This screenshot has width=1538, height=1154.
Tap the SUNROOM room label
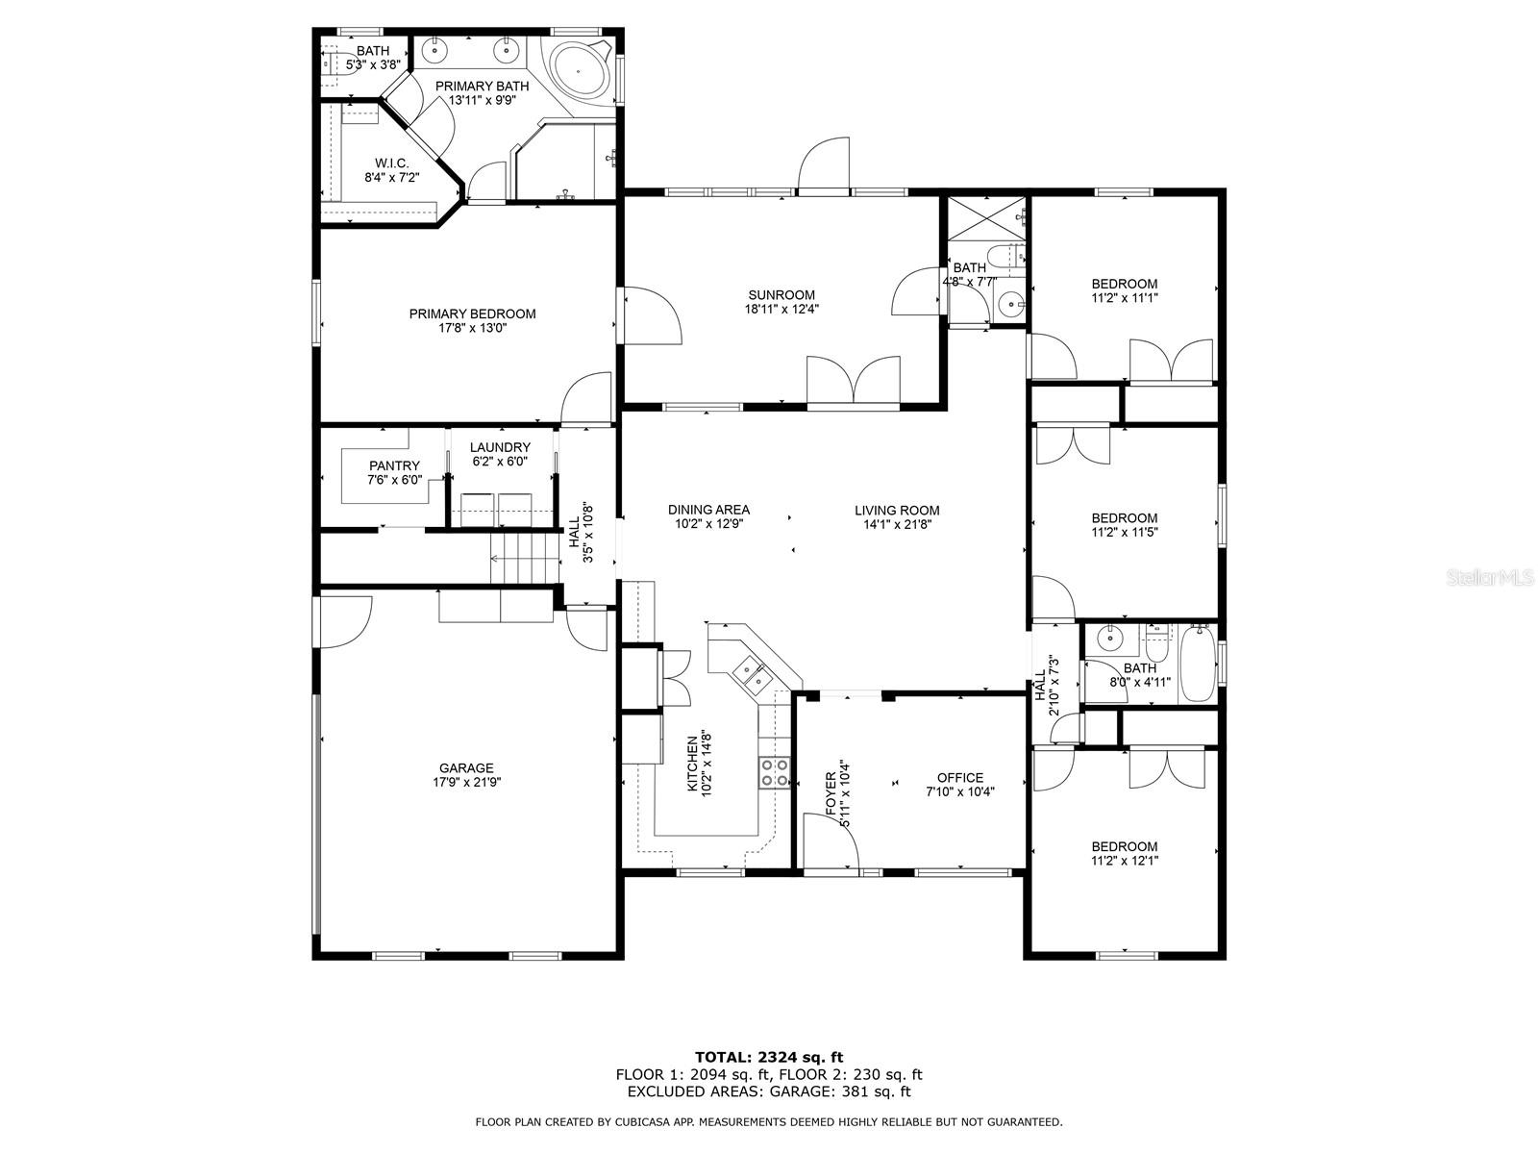(781, 295)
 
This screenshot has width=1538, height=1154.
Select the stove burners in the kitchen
(775, 772)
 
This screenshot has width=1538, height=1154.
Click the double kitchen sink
(753, 673)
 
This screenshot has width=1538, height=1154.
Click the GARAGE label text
(466, 767)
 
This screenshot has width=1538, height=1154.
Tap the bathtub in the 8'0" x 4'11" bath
(1198, 664)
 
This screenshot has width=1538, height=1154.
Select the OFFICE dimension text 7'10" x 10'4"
(960, 792)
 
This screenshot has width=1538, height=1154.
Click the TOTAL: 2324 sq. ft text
(769, 1057)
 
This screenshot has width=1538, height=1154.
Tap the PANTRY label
(394, 465)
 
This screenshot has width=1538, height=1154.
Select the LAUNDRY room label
(500, 447)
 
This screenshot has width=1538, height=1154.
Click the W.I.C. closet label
(392, 163)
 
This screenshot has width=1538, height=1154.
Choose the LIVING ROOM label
(897, 511)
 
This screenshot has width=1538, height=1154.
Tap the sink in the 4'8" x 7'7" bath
(1009, 305)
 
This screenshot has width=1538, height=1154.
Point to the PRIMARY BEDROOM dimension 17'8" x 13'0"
(472, 328)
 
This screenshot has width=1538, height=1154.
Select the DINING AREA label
(708, 510)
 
